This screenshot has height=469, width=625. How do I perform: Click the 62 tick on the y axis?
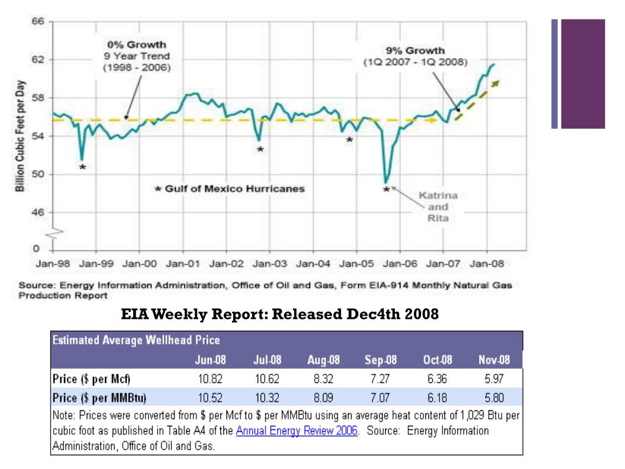click(38, 60)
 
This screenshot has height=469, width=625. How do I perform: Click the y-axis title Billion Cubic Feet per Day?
click(20, 136)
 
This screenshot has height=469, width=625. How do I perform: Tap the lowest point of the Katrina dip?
click(386, 181)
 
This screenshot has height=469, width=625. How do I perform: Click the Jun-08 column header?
click(210, 360)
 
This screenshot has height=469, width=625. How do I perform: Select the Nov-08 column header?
click(494, 360)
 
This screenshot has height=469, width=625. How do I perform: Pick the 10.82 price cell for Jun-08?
click(210, 379)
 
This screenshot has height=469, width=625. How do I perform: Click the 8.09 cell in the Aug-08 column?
click(323, 398)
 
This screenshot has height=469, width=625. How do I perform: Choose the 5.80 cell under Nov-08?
click(494, 398)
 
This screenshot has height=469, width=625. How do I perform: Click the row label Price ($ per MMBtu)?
click(99, 398)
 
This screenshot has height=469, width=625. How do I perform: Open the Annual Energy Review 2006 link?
click(297, 431)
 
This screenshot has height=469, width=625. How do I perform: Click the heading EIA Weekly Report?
click(280, 314)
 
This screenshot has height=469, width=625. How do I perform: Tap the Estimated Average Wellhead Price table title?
click(136, 340)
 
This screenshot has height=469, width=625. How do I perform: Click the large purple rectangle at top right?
click(583, 73)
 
